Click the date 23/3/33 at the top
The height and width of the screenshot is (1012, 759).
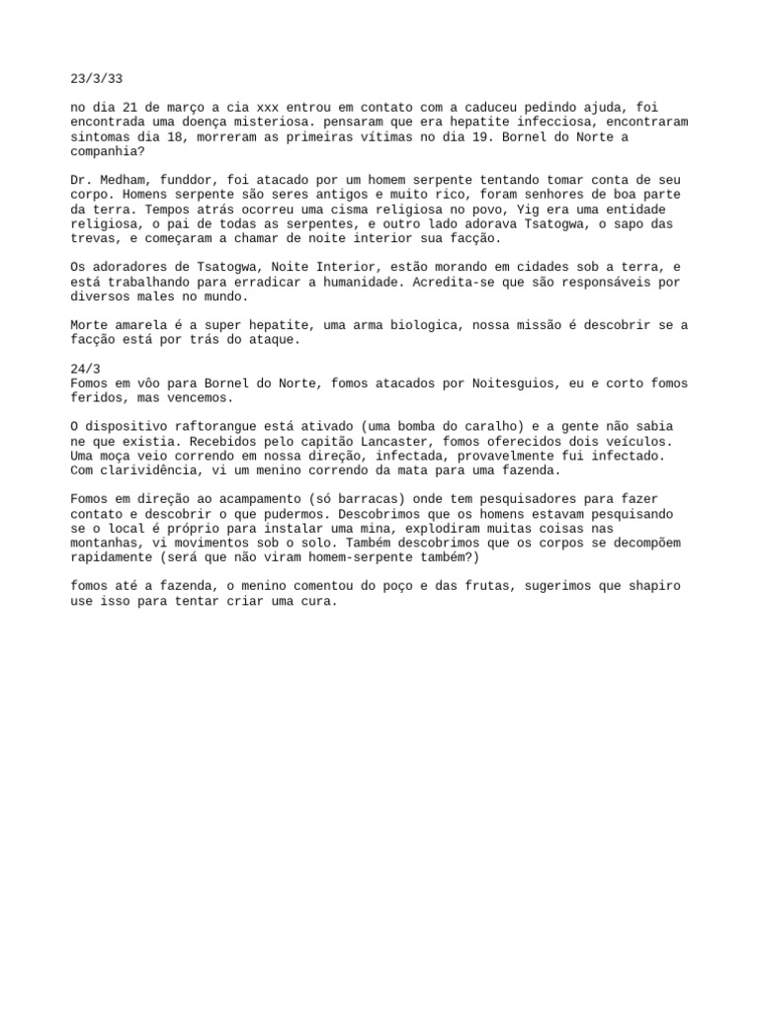(x=96, y=78)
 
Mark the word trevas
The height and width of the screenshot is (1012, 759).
(x=96, y=238)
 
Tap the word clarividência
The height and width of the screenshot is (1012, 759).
(x=153, y=470)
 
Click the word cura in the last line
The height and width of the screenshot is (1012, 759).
(x=317, y=601)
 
